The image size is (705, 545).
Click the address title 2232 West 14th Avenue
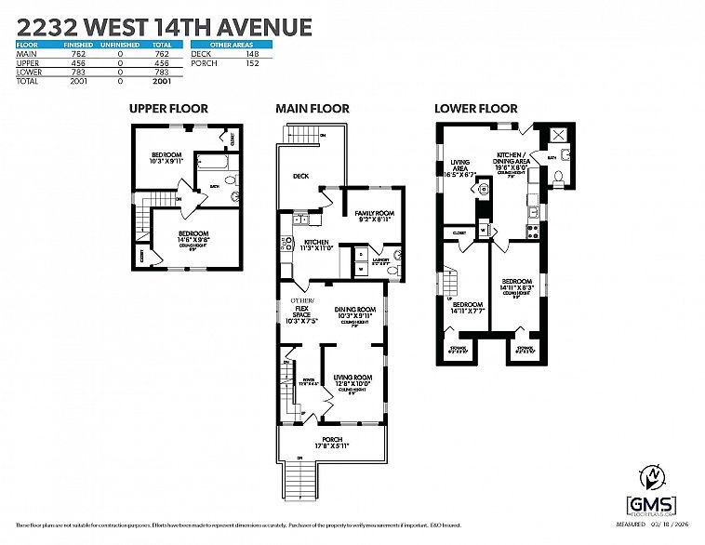coord(164,26)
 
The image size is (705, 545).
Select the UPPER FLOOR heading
coord(167,109)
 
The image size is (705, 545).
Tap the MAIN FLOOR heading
coord(313,109)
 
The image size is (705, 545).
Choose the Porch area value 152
coord(252,64)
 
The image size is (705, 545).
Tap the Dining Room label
coord(354,312)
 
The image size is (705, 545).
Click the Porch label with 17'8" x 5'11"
coord(332,443)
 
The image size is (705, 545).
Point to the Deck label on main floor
coord(300,175)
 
